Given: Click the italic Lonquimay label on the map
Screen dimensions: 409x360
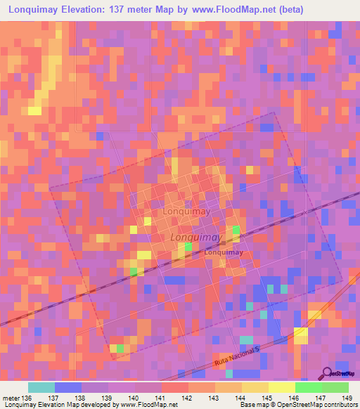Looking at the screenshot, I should point(196,238).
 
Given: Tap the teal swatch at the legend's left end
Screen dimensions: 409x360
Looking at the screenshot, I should point(41,387).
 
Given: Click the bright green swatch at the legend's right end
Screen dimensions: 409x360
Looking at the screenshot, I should point(335,387).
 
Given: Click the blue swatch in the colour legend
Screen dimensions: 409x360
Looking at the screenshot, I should point(67,387).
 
